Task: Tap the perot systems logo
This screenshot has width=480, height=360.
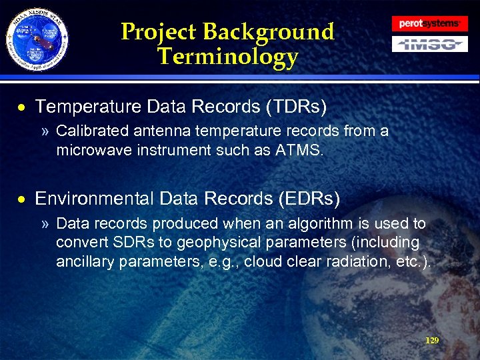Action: [x=429, y=23]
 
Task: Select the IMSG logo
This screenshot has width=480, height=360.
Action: [x=429, y=44]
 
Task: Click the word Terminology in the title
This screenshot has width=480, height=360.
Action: [x=227, y=57]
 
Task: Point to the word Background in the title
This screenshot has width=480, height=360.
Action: [x=268, y=31]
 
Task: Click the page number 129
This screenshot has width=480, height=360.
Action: [x=432, y=341]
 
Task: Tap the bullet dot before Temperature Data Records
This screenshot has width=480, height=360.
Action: [x=23, y=107]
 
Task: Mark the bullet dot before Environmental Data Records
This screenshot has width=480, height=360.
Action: [x=23, y=199]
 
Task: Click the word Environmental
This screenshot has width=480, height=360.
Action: [x=95, y=199]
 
